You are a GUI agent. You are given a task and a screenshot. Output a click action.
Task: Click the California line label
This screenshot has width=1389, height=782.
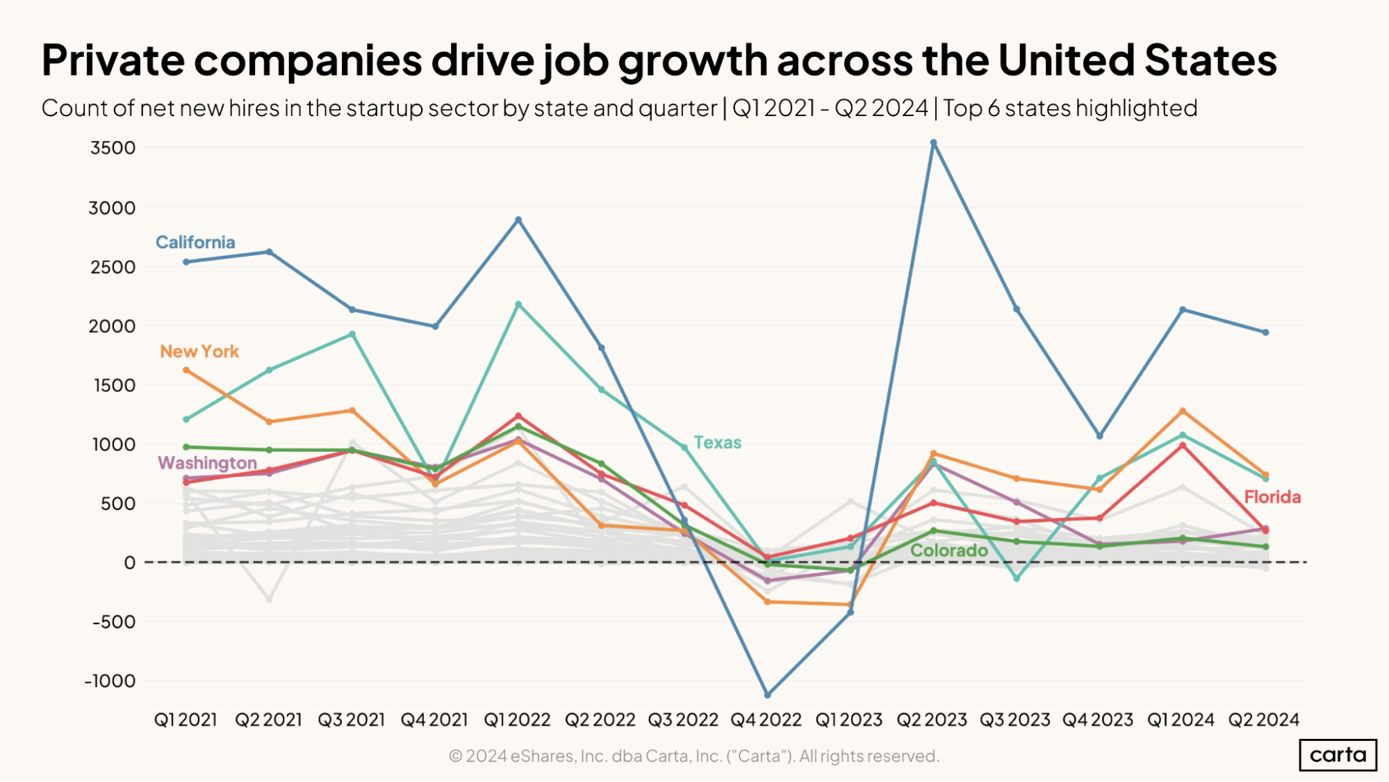[195, 242]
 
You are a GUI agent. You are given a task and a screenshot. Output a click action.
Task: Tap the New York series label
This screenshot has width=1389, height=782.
[199, 351]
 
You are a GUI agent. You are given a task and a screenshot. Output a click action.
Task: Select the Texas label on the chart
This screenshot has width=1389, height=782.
[717, 442]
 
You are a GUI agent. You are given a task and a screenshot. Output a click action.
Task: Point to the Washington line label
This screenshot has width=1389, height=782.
[207, 462]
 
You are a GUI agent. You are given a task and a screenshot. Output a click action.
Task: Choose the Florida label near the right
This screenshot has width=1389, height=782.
[1272, 496]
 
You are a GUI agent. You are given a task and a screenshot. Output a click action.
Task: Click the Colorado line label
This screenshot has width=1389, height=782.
[948, 550]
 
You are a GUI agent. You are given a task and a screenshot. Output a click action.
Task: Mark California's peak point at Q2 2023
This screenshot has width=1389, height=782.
[933, 142]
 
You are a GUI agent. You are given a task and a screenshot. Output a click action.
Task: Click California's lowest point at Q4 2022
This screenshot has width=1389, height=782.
[767, 694]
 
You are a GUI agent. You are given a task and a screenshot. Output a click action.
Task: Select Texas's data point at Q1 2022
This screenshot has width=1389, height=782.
[518, 304]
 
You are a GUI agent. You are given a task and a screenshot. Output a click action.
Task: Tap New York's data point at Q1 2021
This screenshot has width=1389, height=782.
[186, 370]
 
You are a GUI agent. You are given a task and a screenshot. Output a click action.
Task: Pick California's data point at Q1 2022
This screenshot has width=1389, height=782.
[518, 220]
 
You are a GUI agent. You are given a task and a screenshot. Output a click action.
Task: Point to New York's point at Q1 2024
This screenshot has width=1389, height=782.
[1182, 411]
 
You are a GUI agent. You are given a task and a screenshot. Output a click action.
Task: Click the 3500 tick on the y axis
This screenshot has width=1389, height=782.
[113, 147]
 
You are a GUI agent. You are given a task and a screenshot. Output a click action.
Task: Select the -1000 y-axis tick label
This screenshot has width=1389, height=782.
[110, 681]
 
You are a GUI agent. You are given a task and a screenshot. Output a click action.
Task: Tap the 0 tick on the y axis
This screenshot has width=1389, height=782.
[129, 562]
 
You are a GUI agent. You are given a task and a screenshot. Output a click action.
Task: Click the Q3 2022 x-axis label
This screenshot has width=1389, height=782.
[683, 719]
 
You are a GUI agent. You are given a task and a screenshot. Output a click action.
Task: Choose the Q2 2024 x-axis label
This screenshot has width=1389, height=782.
[1263, 719]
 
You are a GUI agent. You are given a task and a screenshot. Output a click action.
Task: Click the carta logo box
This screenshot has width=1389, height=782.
[1338, 754]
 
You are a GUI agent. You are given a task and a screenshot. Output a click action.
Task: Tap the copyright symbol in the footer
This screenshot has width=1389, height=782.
[455, 756]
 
